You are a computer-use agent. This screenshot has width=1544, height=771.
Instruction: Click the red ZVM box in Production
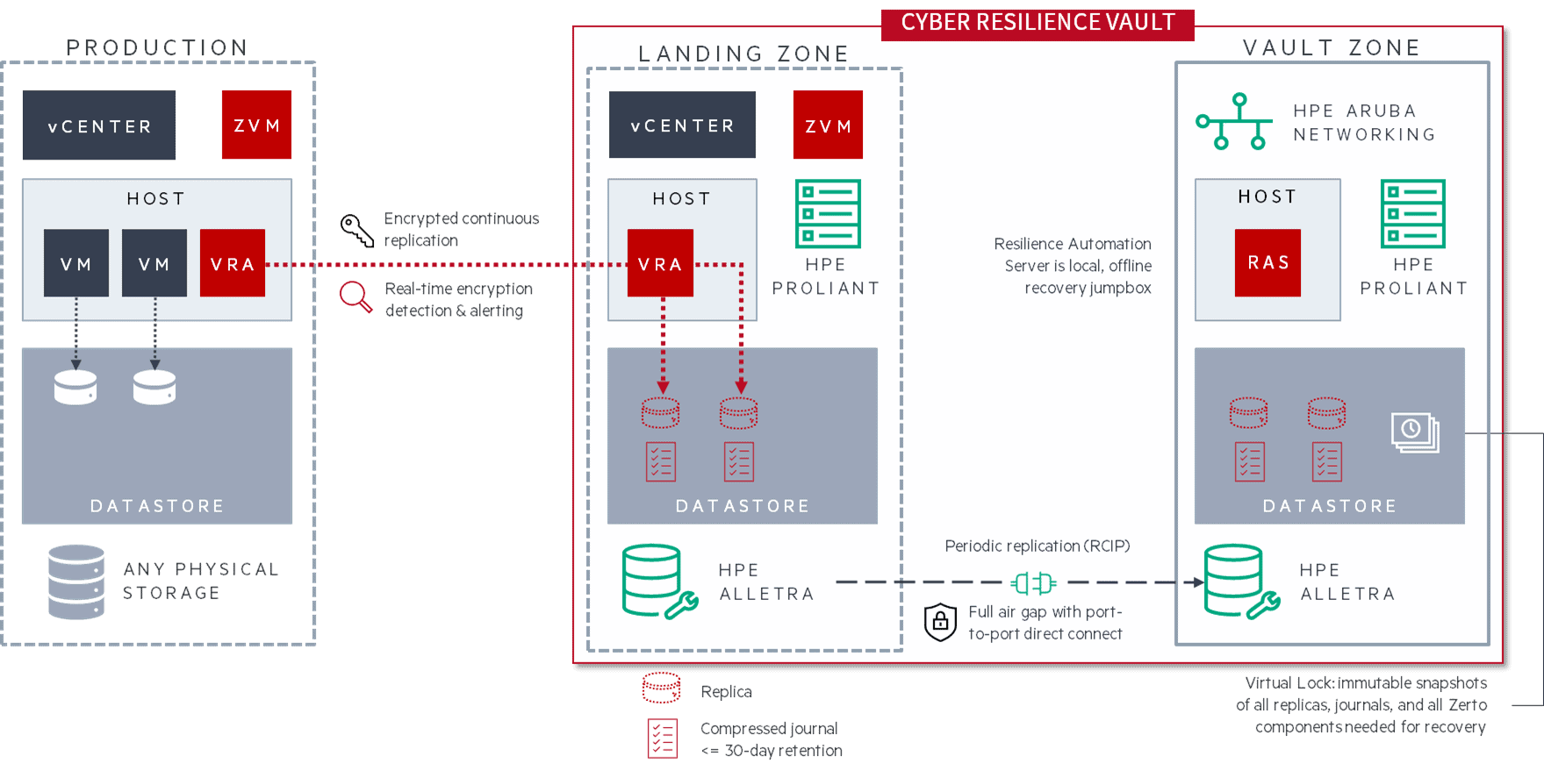tap(256, 125)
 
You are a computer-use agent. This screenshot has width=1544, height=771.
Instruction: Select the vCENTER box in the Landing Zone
tap(682, 125)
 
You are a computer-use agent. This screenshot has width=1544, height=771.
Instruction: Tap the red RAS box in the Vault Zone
tap(1268, 262)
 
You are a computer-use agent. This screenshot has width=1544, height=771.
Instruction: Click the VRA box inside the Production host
tap(233, 263)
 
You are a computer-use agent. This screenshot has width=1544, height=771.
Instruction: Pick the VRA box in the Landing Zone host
tap(660, 263)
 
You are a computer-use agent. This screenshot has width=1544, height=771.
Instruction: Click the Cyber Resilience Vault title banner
tap(1038, 23)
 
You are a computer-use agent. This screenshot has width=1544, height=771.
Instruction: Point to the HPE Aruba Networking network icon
tap(1234, 122)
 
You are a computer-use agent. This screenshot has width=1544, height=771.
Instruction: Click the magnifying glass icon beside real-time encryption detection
tap(355, 297)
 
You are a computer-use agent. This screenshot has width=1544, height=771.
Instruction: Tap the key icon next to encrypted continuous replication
tap(356, 230)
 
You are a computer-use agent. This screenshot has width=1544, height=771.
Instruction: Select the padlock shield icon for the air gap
tap(940, 622)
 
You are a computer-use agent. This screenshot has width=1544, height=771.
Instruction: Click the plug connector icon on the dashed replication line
tap(1034, 582)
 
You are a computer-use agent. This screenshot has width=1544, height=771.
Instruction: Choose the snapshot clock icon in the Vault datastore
tap(1414, 432)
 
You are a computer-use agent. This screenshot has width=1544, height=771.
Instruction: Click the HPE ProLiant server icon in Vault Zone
tap(1412, 214)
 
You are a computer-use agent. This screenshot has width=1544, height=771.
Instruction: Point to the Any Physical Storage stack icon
tap(76, 582)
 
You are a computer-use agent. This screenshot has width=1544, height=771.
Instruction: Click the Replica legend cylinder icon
tap(661, 688)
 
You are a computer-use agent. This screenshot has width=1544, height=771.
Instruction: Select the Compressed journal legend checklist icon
tap(663, 738)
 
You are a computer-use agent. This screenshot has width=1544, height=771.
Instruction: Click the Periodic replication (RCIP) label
tap(1037, 546)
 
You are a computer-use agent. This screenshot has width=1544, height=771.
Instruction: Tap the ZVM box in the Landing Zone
tap(828, 125)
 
